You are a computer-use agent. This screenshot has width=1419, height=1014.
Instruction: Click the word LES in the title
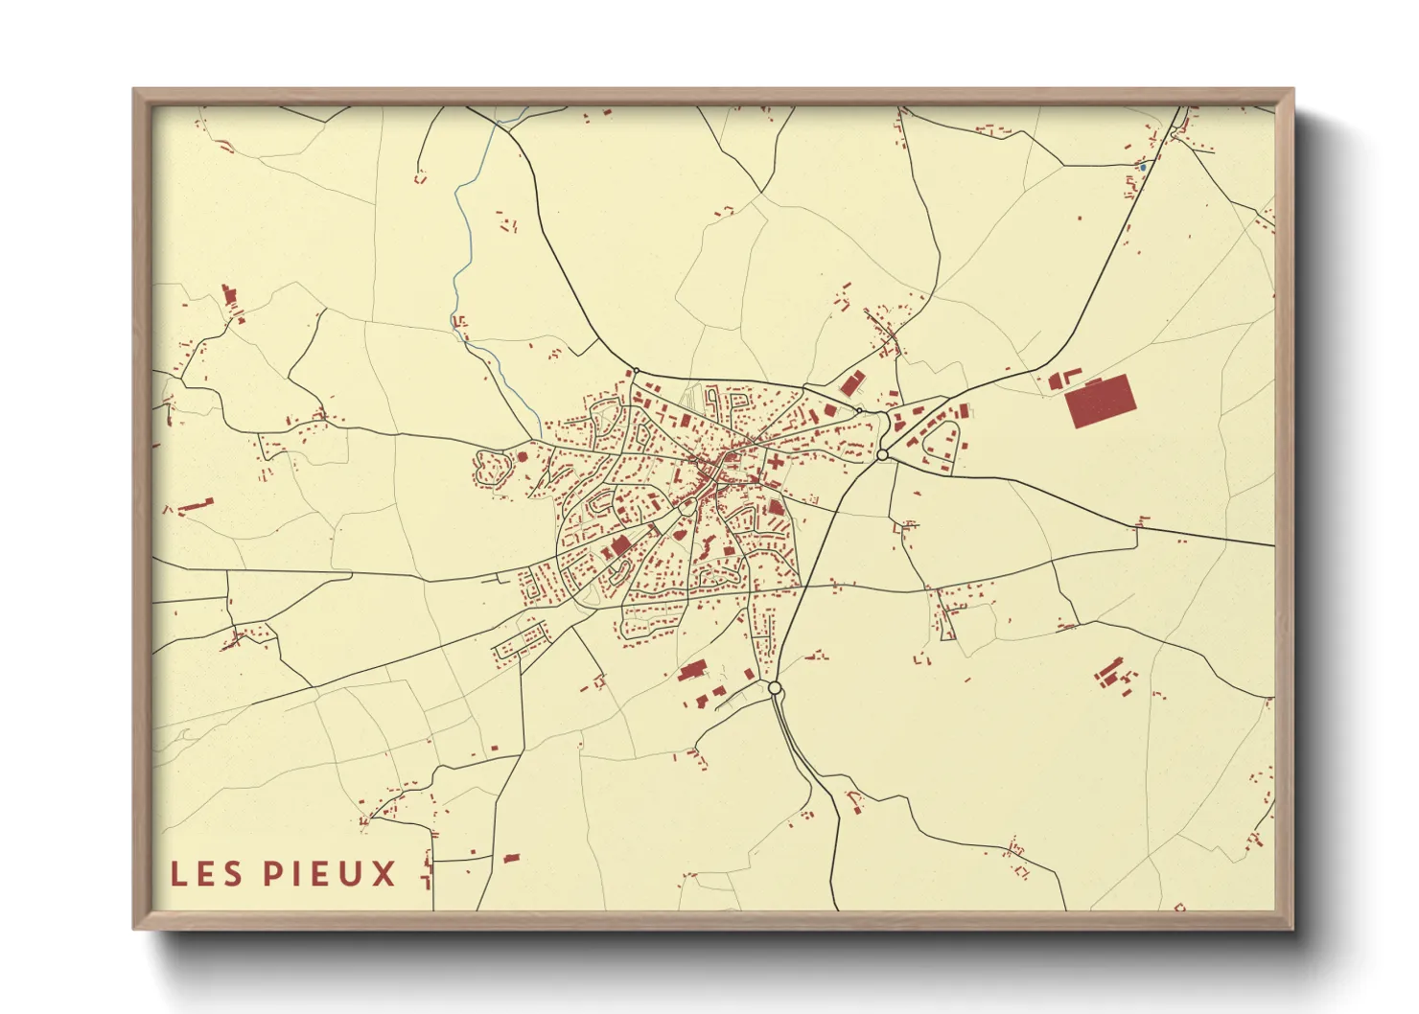click(207, 873)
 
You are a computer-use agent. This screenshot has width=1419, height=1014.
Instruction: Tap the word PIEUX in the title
click(329, 873)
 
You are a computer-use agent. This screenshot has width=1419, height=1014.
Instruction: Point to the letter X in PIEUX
click(384, 873)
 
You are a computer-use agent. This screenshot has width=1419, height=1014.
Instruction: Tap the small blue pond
click(1142, 168)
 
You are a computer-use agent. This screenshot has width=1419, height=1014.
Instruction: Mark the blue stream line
click(463, 249)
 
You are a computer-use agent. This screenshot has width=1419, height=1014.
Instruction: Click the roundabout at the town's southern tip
click(775, 688)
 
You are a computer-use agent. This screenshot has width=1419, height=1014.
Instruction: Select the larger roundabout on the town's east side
click(882, 455)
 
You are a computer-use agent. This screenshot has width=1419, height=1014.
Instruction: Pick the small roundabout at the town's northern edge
click(636, 371)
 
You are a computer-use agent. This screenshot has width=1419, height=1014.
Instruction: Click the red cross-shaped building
click(773, 461)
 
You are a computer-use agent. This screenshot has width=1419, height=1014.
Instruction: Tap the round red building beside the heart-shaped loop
click(523, 457)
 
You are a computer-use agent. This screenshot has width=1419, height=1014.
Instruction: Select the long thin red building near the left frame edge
click(195, 504)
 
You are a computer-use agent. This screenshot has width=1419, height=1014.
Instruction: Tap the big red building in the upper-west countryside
click(228, 293)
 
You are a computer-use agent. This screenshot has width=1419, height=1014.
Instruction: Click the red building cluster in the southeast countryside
click(1112, 673)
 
